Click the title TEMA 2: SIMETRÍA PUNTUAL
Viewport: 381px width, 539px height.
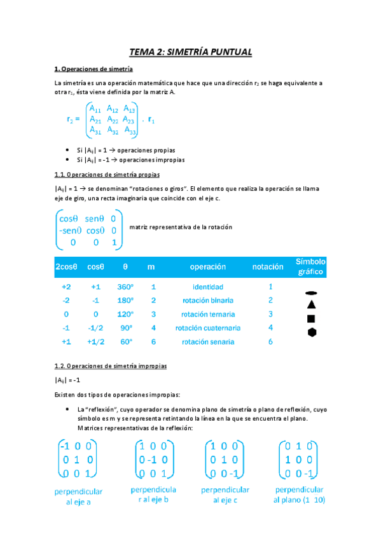[x=190, y=52]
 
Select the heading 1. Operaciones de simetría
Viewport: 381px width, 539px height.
[x=94, y=69]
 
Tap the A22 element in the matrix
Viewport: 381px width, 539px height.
[x=113, y=119]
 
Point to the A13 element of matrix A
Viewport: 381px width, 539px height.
[x=130, y=108]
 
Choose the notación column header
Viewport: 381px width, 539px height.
[x=271, y=267]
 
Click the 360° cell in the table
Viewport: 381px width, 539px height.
[x=125, y=287]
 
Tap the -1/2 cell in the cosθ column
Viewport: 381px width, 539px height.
[x=95, y=328]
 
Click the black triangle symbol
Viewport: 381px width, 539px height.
[x=311, y=305]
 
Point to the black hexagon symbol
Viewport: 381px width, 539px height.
[x=311, y=332]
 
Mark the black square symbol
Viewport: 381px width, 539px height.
[x=311, y=318]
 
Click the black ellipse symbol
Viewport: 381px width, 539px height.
[x=311, y=293]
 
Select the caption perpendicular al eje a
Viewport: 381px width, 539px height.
[x=79, y=496]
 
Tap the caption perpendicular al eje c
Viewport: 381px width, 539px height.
[x=225, y=495]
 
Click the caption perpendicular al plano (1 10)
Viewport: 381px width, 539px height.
[x=299, y=495]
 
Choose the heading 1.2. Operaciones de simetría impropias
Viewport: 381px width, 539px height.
[x=111, y=367]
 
